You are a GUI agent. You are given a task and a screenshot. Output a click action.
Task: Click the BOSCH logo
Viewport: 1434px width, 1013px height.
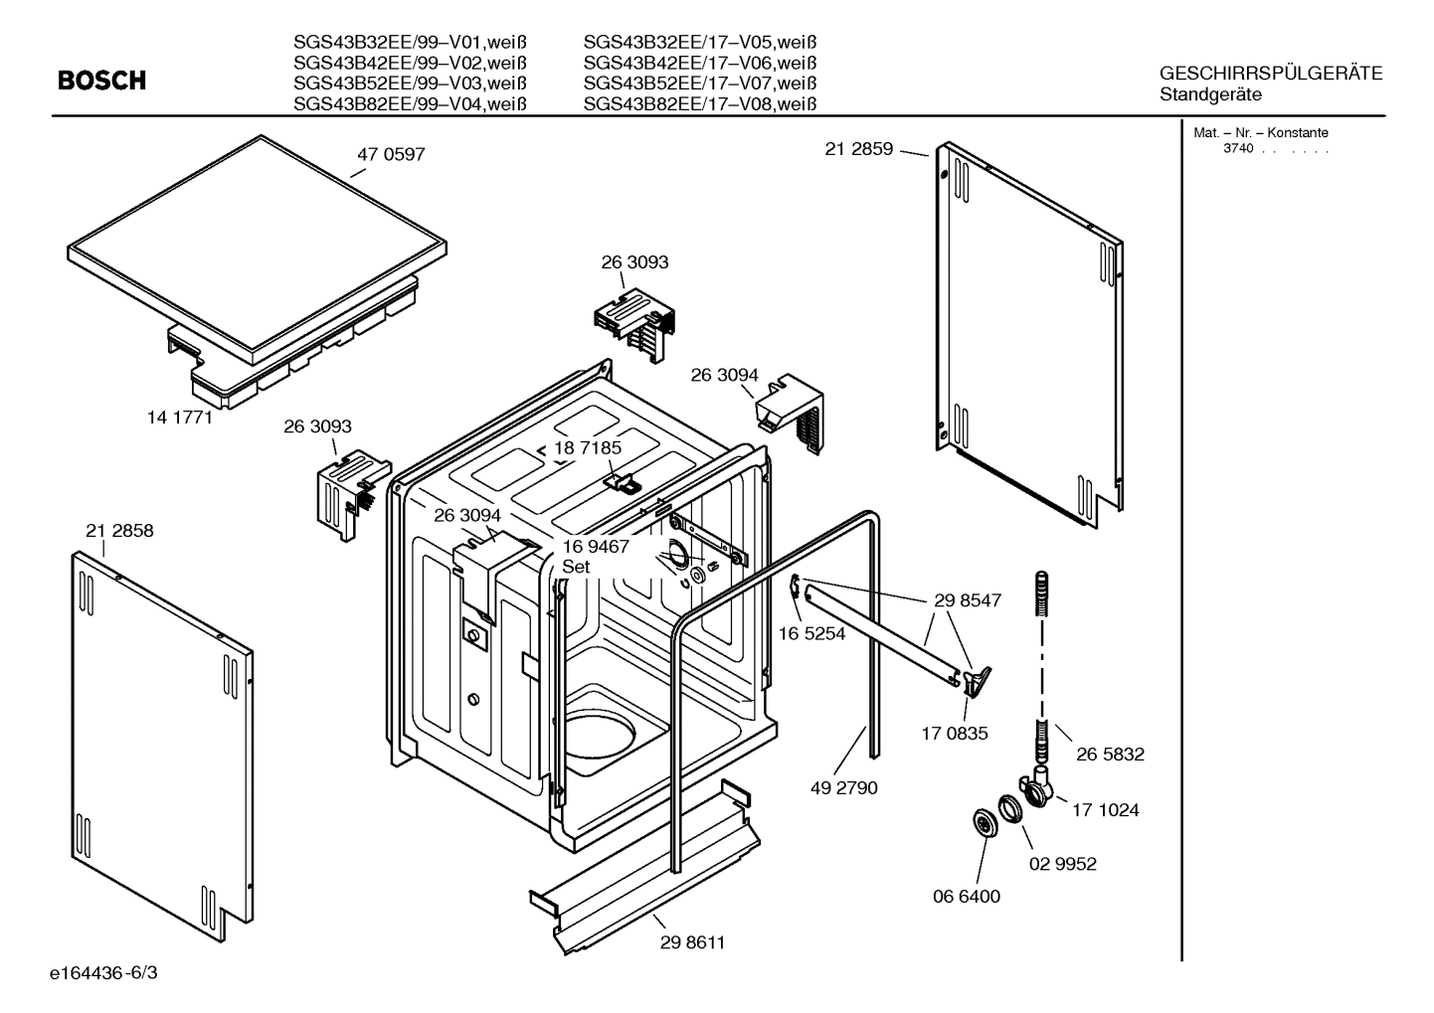101,81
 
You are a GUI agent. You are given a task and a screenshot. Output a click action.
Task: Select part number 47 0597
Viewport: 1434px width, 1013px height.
391,155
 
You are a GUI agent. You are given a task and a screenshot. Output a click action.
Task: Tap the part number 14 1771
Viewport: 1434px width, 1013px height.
180,418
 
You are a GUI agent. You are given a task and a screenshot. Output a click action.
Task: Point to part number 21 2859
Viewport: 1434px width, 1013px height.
859,150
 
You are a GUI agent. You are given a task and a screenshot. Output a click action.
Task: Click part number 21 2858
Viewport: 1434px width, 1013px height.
119,531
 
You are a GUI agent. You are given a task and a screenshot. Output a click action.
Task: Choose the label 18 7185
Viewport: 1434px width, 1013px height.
588,448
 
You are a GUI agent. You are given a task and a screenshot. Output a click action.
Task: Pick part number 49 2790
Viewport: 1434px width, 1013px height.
843,788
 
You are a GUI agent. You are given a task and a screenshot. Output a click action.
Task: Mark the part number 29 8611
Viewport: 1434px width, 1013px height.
692,942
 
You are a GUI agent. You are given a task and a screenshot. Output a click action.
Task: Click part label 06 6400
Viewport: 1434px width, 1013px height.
967,897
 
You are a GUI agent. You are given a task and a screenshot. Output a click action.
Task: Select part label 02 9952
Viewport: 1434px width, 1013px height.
1062,864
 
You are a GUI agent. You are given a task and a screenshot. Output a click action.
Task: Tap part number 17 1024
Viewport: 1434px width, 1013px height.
1105,810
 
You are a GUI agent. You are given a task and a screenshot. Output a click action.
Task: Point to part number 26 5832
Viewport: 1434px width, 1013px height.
1110,755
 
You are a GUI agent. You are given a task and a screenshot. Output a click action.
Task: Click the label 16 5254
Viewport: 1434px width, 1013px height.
811,633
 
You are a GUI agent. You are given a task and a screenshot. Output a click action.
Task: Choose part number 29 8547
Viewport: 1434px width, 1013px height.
968,600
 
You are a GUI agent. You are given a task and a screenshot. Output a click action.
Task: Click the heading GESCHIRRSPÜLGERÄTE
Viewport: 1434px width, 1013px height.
1271,75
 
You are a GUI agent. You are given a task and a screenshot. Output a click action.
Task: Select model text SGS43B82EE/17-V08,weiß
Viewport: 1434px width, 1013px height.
699,104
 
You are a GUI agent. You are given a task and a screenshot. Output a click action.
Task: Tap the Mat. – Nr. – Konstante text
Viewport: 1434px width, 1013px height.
1260,133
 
